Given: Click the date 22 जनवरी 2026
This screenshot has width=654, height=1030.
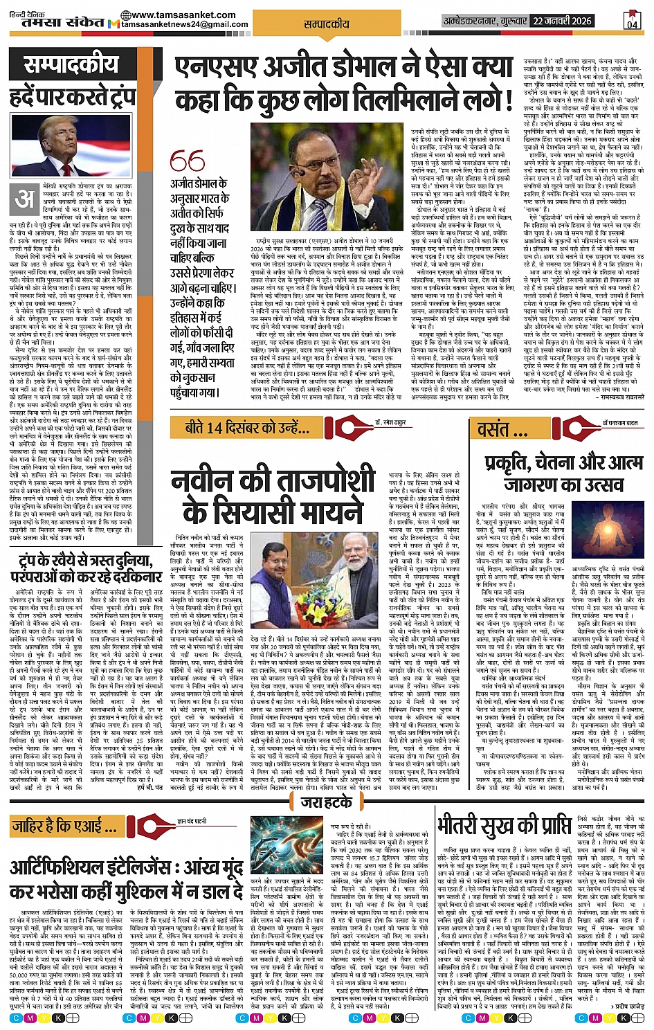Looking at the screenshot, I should [562, 21].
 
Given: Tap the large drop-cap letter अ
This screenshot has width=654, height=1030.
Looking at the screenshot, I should [25, 199].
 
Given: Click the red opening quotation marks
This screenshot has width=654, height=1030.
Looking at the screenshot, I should [188, 162].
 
